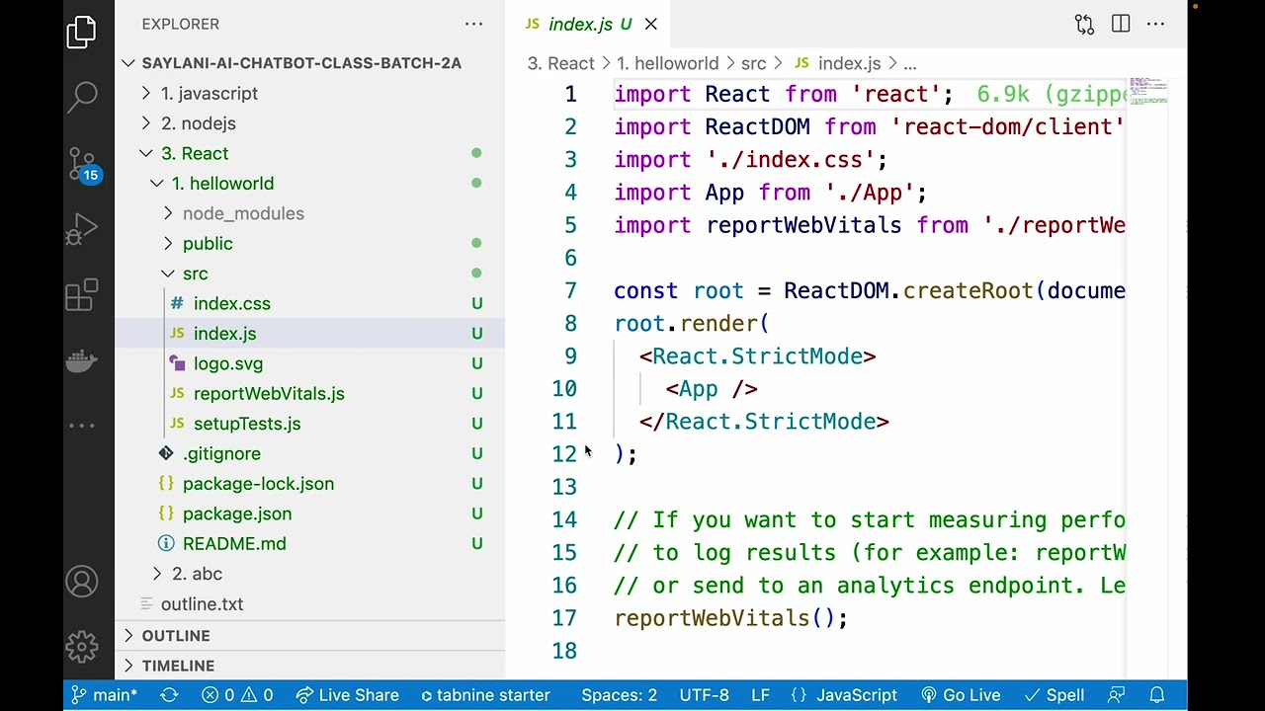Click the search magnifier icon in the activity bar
pyautogui.click(x=82, y=97)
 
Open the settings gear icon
pyautogui.click(x=82, y=646)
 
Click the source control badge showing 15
pyautogui.click(x=91, y=175)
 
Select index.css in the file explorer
pyautogui.click(x=231, y=303)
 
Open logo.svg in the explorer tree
pyautogui.click(x=228, y=363)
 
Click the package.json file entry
pyautogui.click(x=237, y=513)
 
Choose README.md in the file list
pyautogui.click(x=234, y=543)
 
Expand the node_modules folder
pyautogui.click(x=243, y=213)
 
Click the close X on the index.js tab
pyautogui.click(x=651, y=25)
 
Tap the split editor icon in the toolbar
pyautogui.click(x=1121, y=24)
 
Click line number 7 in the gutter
pyautogui.click(x=570, y=290)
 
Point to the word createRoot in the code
pyautogui.click(x=968, y=290)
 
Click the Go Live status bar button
pyautogui.click(x=961, y=694)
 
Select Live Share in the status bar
pyautogui.click(x=348, y=694)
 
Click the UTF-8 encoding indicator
pyautogui.click(x=704, y=694)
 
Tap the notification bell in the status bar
pyautogui.click(x=1157, y=694)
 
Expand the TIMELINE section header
pyautogui.click(x=178, y=666)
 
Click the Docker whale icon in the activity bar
pyautogui.click(x=82, y=360)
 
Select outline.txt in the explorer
pyautogui.click(x=202, y=603)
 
